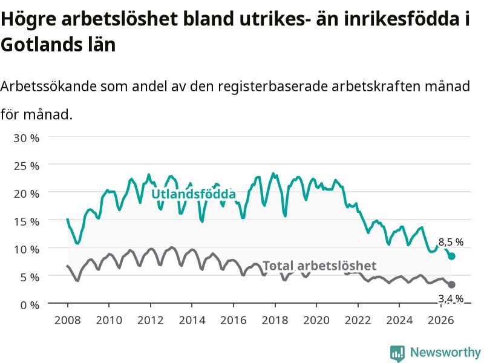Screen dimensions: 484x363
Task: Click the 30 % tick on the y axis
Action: tap(27, 138)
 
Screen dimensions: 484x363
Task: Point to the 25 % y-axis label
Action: tap(27, 166)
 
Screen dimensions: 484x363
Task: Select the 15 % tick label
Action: tap(27, 221)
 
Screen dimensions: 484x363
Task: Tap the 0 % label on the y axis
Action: tap(30, 305)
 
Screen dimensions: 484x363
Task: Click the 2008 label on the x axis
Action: tap(68, 320)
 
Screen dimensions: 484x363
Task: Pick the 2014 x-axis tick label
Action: tap(192, 320)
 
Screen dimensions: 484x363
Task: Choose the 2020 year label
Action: tap(316, 320)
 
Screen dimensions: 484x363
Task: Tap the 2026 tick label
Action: tap(441, 320)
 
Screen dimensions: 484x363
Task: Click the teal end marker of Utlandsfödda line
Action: tap(451, 256)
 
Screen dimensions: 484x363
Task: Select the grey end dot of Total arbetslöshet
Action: tap(451, 284)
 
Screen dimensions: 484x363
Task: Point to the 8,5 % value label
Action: tap(451, 243)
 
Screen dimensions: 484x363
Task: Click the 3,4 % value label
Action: tap(451, 298)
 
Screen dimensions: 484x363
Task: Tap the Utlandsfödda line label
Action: tap(194, 194)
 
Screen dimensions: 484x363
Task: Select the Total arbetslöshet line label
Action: tap(319, 266)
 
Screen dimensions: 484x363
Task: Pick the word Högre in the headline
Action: tap(28, 19)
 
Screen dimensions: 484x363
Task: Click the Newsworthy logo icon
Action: tap(397, 353)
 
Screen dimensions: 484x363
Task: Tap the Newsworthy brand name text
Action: tap(445, 352)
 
